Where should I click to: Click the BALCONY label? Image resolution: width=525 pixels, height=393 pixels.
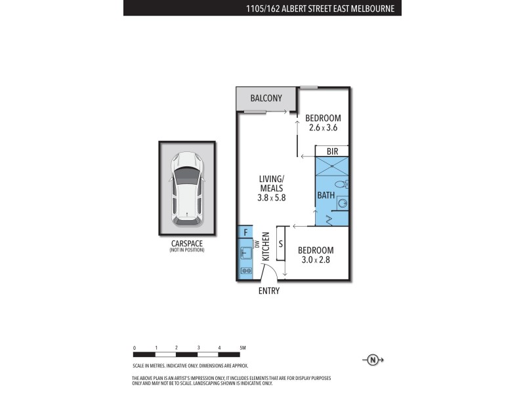coord(266,99)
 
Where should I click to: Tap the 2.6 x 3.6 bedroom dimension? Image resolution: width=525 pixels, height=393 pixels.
coord(323,128)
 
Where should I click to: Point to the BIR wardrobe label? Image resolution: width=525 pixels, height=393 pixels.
coord(332,151)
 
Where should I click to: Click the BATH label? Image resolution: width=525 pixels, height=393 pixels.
coord(325,195)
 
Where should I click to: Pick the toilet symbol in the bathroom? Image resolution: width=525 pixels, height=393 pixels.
coord(340,185)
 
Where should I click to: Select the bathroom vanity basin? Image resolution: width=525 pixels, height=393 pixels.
coord(343,204)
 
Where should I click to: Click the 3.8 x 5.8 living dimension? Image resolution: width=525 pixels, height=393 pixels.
coord(272,196)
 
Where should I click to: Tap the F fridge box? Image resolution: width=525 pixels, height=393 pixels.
coord(245,233)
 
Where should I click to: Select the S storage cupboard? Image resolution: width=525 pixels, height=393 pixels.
coord(281,244)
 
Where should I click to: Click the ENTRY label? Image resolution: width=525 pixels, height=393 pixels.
coord(269,291)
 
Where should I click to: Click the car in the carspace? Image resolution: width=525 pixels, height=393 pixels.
coord(186,189)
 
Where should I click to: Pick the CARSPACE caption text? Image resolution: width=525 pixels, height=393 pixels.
coord(186,244)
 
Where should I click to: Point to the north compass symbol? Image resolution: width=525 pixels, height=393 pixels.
coord(373,359)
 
